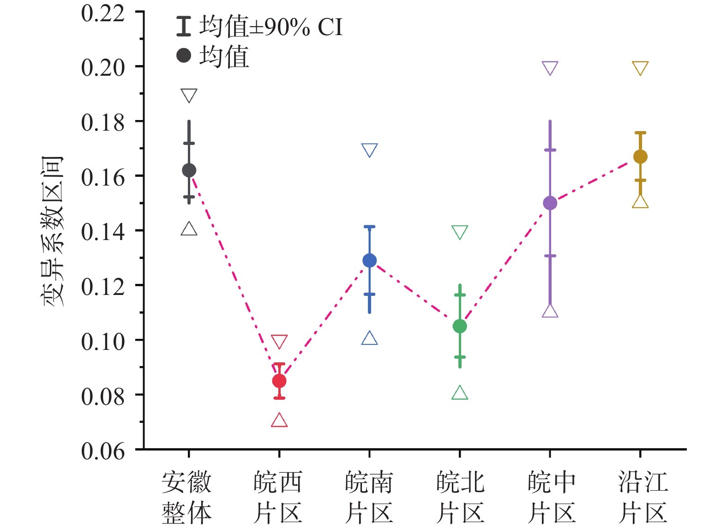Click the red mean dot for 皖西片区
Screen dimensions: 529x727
pyautogui.click(x=279, y=381)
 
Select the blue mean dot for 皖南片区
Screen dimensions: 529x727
pyautogui.click(x=369, y=261)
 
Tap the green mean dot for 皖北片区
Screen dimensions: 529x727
pyautogui.click(x=460, y=326)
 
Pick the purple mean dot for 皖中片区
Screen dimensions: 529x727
pyautogui.click(x=550, y=203)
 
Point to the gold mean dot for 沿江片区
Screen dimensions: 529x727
pyautogui.click(x=640, y=157)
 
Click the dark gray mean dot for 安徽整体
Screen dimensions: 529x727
pyautogui.click(x=189, y=170)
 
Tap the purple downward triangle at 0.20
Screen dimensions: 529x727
pyautogui.click(x=550, y=68)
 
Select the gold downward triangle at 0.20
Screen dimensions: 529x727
pyautogui.click(x=640, y=68)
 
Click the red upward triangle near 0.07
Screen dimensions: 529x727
pyautogui.click(x=279, y=421)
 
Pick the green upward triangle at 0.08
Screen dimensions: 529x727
pyautogui.click(x=460, y=393)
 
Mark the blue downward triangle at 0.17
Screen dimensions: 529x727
pyautogui.click(x=369, y=150)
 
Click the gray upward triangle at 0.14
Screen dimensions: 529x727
pyautogui.click(x=189, y=229)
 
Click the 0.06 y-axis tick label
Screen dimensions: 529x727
pyautogui.click(x=103, y=451)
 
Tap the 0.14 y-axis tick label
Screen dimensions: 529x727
pyautogui.click(x=103, y=232)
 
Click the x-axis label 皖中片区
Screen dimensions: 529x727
pyautogui.click(x=552, y=498)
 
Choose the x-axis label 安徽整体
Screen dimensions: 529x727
pyautogui.click(x=186, y=498)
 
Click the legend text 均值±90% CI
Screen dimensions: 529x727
pyautogui.click(x=271, y=27)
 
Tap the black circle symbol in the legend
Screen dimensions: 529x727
pyautogui.click(x=184, y=56)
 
